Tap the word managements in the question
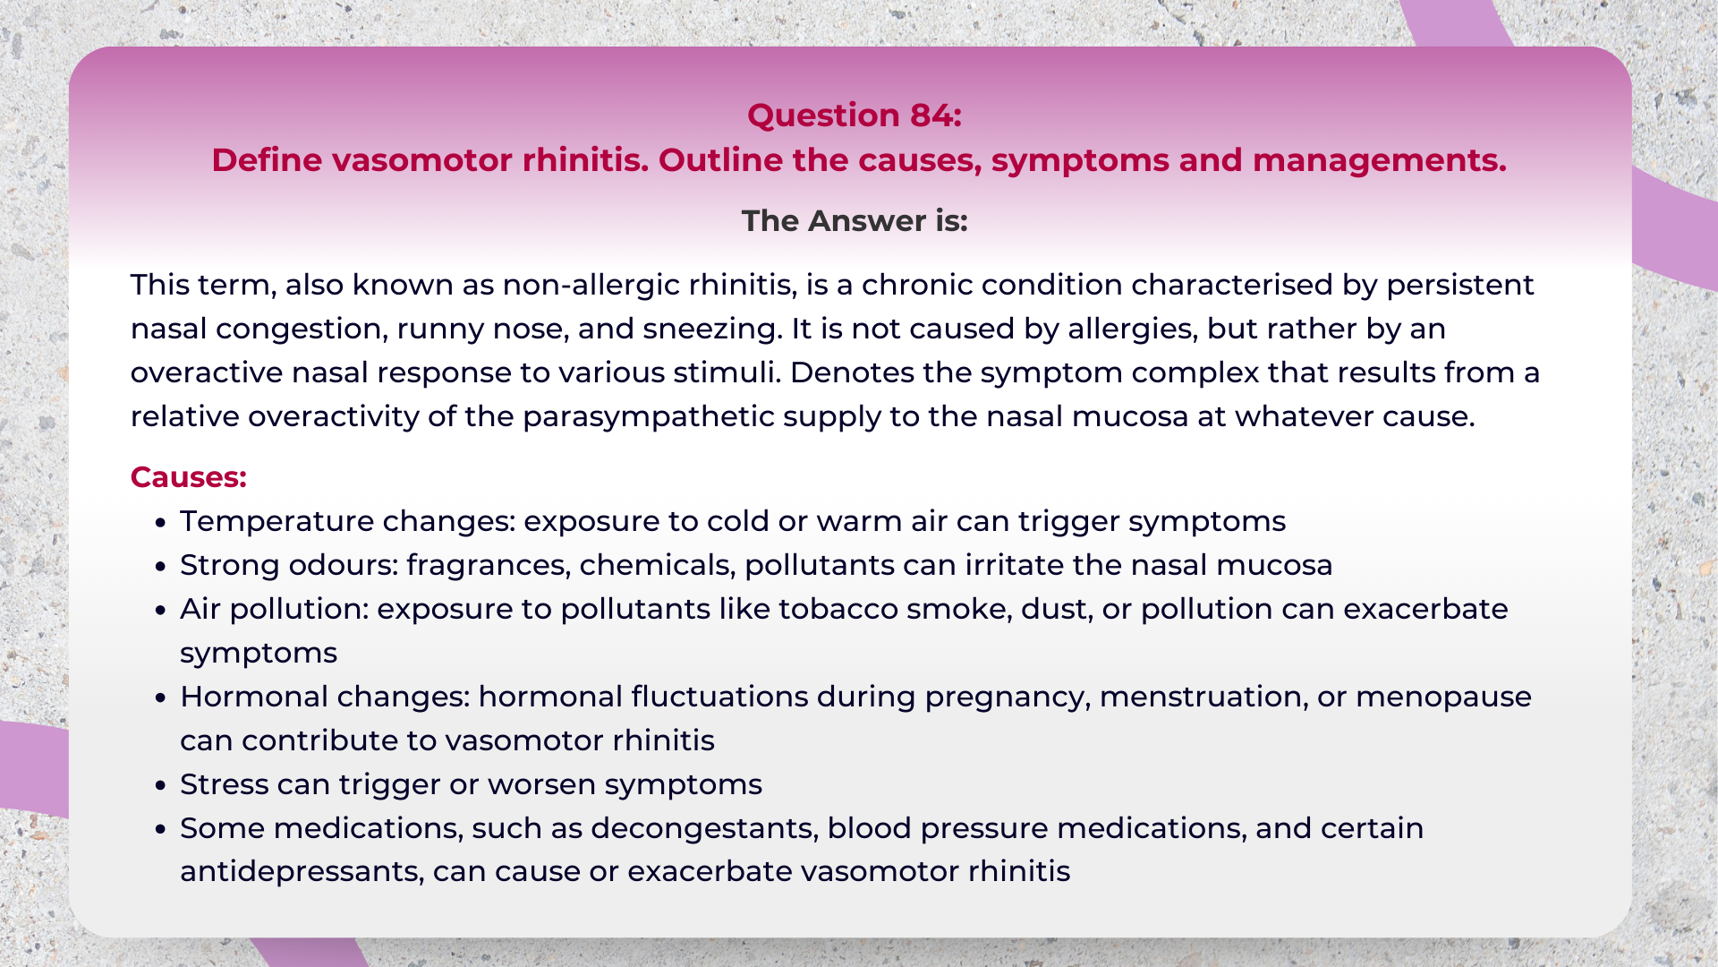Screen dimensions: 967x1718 coord(1378,160)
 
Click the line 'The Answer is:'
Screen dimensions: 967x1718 coord(855,221)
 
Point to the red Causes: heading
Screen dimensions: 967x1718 coord(188,477)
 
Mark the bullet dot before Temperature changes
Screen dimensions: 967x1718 coord(161,522)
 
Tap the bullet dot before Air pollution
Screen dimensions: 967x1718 coord(161,610)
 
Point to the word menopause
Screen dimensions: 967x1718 coord(1443,697)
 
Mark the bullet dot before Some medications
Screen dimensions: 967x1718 coord(161,829)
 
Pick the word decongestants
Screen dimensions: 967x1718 coord(704,828)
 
